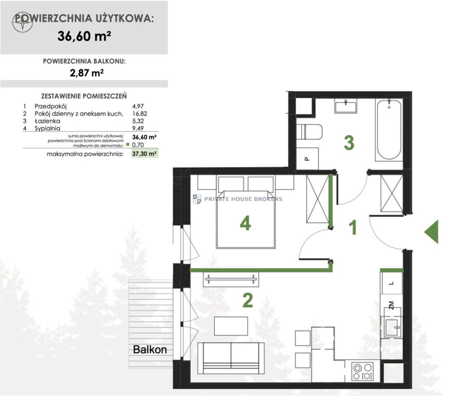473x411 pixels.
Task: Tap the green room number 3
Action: pos(349,143)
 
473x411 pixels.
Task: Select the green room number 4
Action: pos(245,223)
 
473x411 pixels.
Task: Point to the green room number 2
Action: pos(247,300)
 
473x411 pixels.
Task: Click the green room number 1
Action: pos(353,228)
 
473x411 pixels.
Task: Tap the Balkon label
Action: pos(150,350)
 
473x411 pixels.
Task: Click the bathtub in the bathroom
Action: pos(389,130)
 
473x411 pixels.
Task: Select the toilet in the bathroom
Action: pos(309,132)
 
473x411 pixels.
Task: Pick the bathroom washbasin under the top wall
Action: pos(346,106)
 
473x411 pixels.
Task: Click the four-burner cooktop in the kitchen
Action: pos(362,371)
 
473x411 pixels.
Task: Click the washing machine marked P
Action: pos(307,159)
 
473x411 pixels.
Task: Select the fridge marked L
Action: pos(391,283)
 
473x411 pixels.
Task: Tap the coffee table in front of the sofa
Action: pos(231,326)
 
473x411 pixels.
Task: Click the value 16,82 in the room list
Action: pos(140,113)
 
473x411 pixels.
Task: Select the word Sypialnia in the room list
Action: pos(47,128)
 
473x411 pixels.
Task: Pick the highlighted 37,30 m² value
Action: pos(144,153)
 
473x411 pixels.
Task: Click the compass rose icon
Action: pos(22,23)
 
